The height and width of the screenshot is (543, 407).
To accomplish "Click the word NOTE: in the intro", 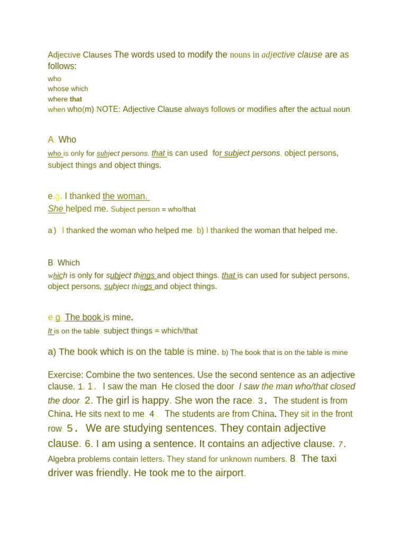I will point(108,109).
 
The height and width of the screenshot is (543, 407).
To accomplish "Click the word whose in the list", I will point(58,89).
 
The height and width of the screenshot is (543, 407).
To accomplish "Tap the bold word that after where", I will point(76,99).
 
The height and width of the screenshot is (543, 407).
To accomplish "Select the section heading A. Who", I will point(62,139).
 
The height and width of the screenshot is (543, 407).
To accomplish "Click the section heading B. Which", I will point(64,262).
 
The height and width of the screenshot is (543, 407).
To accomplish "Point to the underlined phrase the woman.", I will point(126,196).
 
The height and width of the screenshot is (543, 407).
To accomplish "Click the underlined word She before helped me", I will point(56,209).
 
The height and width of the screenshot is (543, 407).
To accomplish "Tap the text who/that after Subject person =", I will point(182,209).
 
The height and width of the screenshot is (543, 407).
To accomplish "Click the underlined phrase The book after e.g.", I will point(83,318).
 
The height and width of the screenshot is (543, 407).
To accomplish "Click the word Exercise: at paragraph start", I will point(66,375).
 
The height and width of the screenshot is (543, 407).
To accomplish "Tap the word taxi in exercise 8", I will point(325,459).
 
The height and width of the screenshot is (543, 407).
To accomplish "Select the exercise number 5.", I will point(72,428).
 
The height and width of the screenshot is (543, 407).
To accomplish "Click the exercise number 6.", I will point(88,444).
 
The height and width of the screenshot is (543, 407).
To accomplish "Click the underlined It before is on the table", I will point(50,331).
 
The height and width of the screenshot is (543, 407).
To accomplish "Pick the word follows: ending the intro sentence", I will point(62,66).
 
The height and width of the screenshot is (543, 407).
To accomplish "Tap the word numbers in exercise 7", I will point(271,459).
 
